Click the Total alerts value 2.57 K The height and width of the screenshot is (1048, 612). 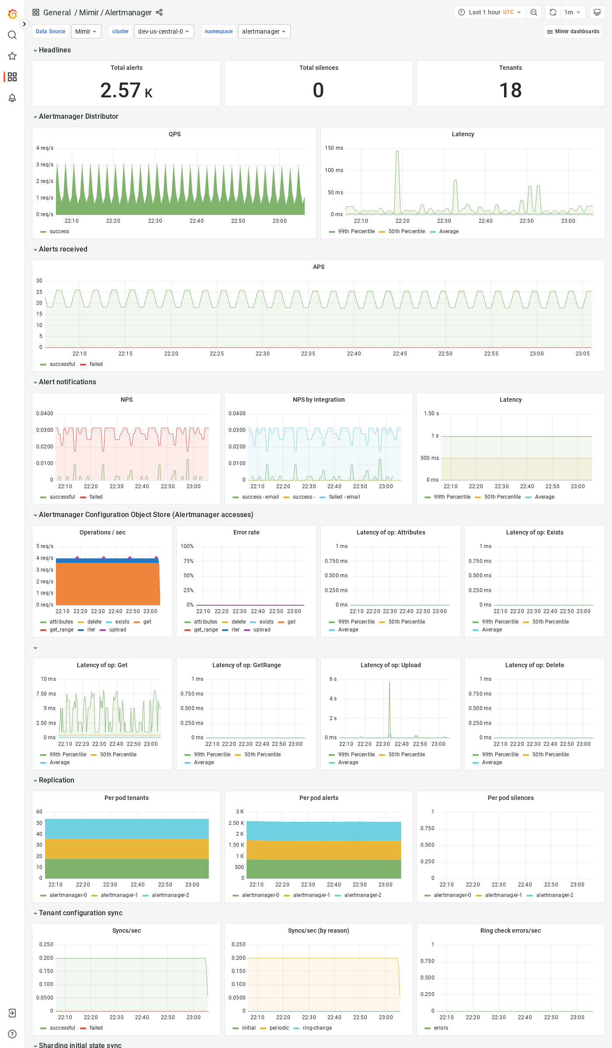126,90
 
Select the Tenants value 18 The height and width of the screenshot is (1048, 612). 510,90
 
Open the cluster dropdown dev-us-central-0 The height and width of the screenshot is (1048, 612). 164,31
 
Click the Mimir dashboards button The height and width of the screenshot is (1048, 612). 573,31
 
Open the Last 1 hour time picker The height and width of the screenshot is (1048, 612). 489,12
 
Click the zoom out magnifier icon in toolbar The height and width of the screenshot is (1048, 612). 534,12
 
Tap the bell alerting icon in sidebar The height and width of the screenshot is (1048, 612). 12,98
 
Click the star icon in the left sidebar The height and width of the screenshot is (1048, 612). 12,56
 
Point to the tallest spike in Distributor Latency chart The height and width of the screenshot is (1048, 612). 397,152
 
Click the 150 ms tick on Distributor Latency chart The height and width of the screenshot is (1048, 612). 334,148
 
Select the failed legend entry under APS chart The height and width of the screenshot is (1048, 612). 96,364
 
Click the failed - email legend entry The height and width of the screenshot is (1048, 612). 344,497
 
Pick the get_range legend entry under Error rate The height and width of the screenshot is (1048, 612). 205,630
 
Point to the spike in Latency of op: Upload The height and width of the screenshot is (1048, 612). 389,683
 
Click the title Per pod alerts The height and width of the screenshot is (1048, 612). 319,798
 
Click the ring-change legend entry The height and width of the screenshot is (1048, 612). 317,1028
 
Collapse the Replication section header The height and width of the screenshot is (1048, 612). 56,780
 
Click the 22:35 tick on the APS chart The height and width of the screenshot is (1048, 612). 308,354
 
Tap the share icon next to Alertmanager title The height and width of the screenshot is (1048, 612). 159,12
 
